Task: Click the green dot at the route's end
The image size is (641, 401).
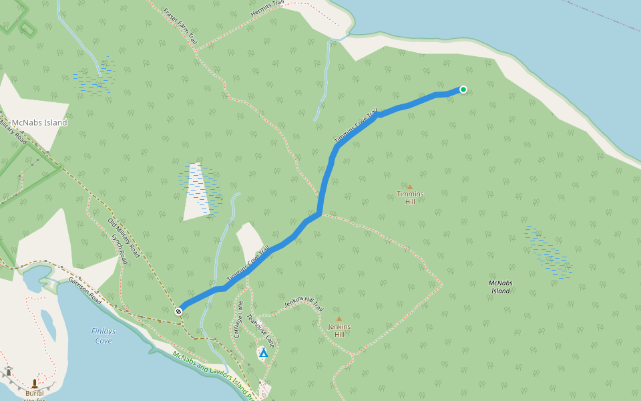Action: pyautogui.click(x=463, y=90)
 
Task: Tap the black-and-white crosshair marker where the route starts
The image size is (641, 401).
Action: pyautogui.click(x=179, y=311)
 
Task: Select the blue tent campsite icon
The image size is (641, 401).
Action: pyautogui.click(x=263, y=352)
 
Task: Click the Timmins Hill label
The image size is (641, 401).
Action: pyautogui.click(x=410, y=198)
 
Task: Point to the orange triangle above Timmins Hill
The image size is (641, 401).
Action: pyautogui.click(x=410, y=187)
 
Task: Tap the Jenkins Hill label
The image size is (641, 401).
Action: pyautogui.click(x=339, y=330)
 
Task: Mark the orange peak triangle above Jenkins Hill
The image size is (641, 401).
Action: pyautogui.click(x=339, y=319)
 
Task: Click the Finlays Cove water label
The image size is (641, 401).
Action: pyautogui.click(x=103, y=336)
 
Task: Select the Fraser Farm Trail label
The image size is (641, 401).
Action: pyautogui.click(x=181, y=26)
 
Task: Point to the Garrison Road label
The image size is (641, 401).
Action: pyautogui.click(x=84, y=291)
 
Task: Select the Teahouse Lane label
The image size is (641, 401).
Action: pyautogui.click(x=260, y=330)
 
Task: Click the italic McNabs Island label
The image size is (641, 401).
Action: pyautogui.click(x=500, y=287)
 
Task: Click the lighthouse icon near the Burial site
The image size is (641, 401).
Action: pyautogui.click(x=9, y=371)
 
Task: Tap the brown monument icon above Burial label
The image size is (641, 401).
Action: pyautogui.click(x=34, y=384)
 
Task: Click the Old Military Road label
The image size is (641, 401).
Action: pyautogui.click(x=124, y=238)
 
